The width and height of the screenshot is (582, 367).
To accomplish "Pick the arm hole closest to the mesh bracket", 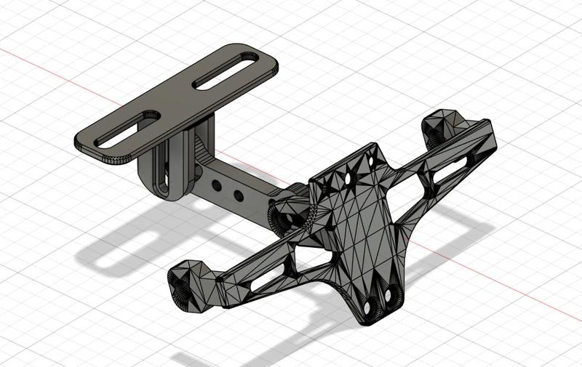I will pyautogui.click(x=238, y=195).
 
